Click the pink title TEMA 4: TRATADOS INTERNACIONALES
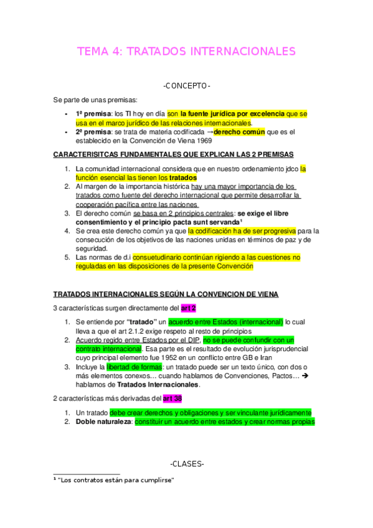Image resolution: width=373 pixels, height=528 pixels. (x=186, y=51)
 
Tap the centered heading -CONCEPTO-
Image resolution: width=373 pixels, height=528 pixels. (x=186, y=85)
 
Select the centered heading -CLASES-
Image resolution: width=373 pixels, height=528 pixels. (x=186, y=464)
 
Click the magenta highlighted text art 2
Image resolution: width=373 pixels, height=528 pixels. (x=189, y=308)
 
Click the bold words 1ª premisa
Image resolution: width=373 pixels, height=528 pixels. (x=91, y=114)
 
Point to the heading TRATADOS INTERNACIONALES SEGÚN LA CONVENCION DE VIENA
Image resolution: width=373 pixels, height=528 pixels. (x=166, y=294)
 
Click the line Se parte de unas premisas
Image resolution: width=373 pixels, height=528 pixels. (x=95, y=100)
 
